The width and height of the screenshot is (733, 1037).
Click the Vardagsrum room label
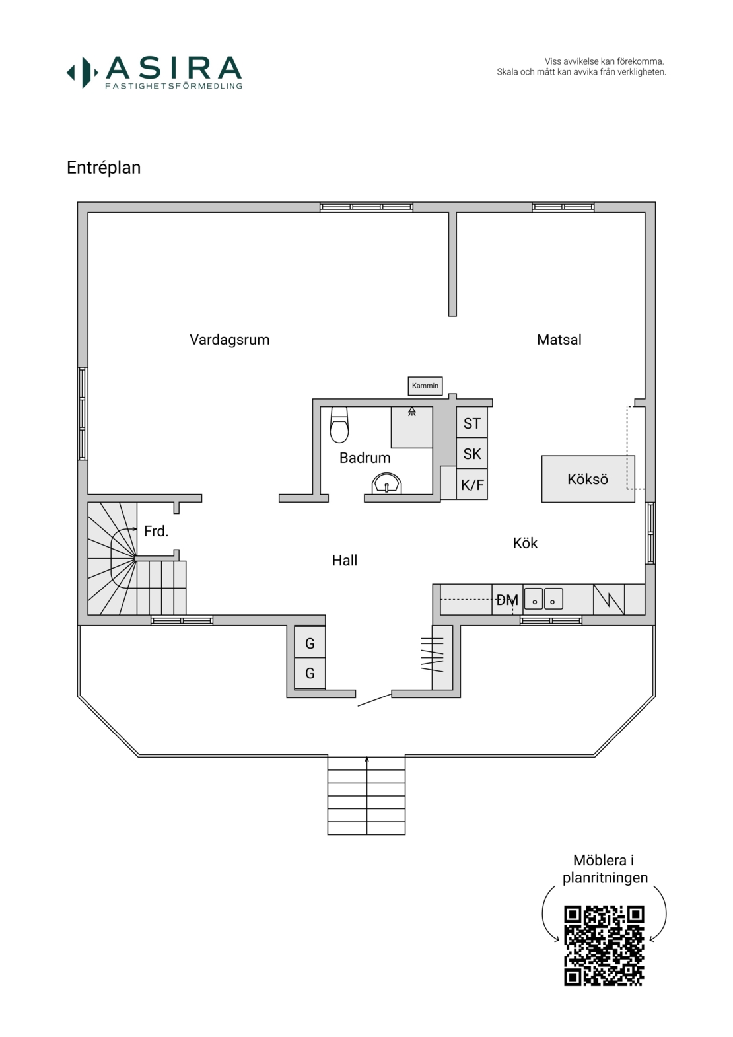coord(230,340)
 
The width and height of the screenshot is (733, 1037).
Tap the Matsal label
coord(559,340)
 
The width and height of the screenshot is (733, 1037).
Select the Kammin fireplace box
coord(425,386)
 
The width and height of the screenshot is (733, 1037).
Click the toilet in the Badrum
coord(339,425)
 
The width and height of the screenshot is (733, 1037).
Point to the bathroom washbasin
coord(386,483)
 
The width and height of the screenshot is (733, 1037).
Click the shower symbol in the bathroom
coord(412,411)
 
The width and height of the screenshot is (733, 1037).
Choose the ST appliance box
coord(472,422)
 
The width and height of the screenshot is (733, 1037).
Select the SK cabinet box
coord(472,453)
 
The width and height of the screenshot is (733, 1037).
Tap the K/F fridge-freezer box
coord(472,484)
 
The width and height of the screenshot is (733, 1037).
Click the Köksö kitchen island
coord(588,479)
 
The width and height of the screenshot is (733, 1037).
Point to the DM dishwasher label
coord(507,600)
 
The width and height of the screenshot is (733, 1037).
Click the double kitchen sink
coord(543,598)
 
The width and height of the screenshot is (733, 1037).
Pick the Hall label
coord(345,561)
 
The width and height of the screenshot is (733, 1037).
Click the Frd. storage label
coord(156,531)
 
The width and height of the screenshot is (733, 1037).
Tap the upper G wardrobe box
coord(310,643)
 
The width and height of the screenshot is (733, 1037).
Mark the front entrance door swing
coord(375,700)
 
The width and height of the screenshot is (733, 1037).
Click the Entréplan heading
coord(104,168)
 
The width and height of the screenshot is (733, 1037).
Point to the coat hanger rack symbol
coord(432,655)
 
